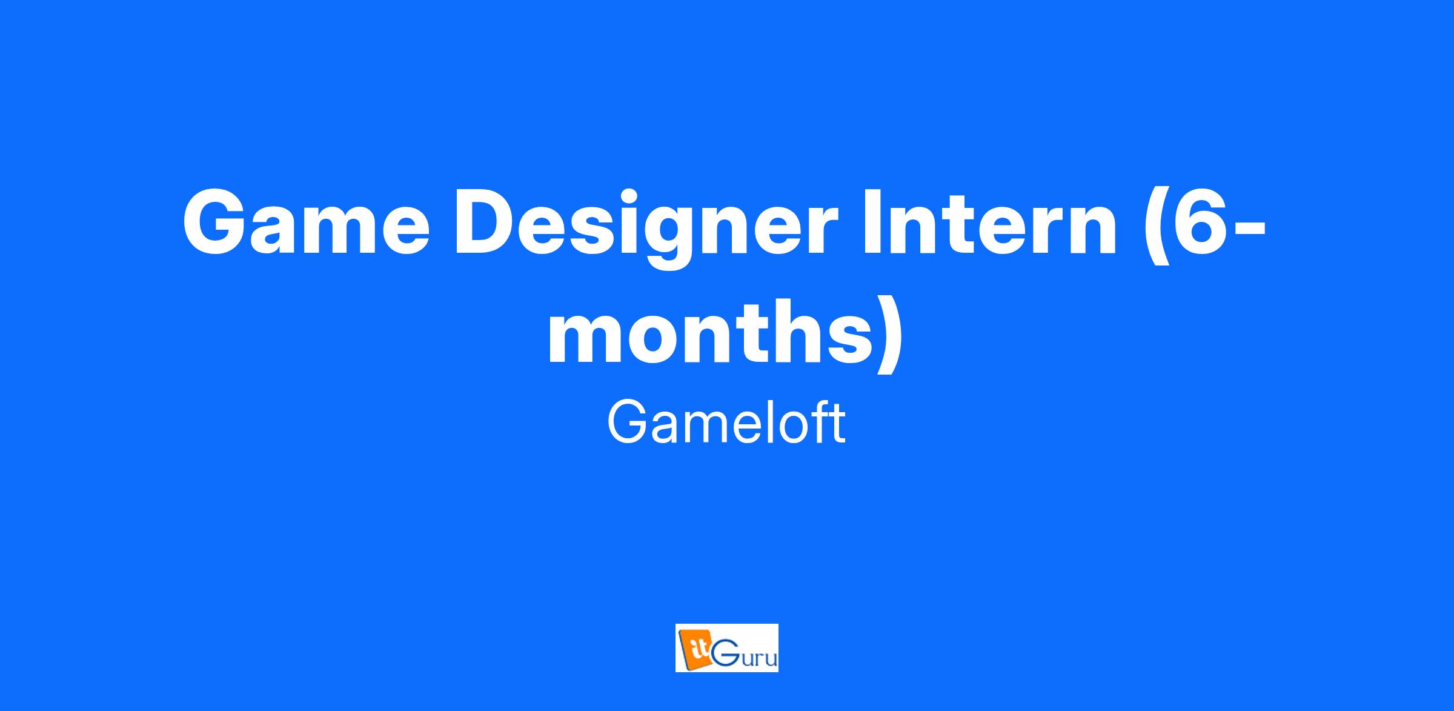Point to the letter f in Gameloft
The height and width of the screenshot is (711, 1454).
[x=819, y=423]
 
